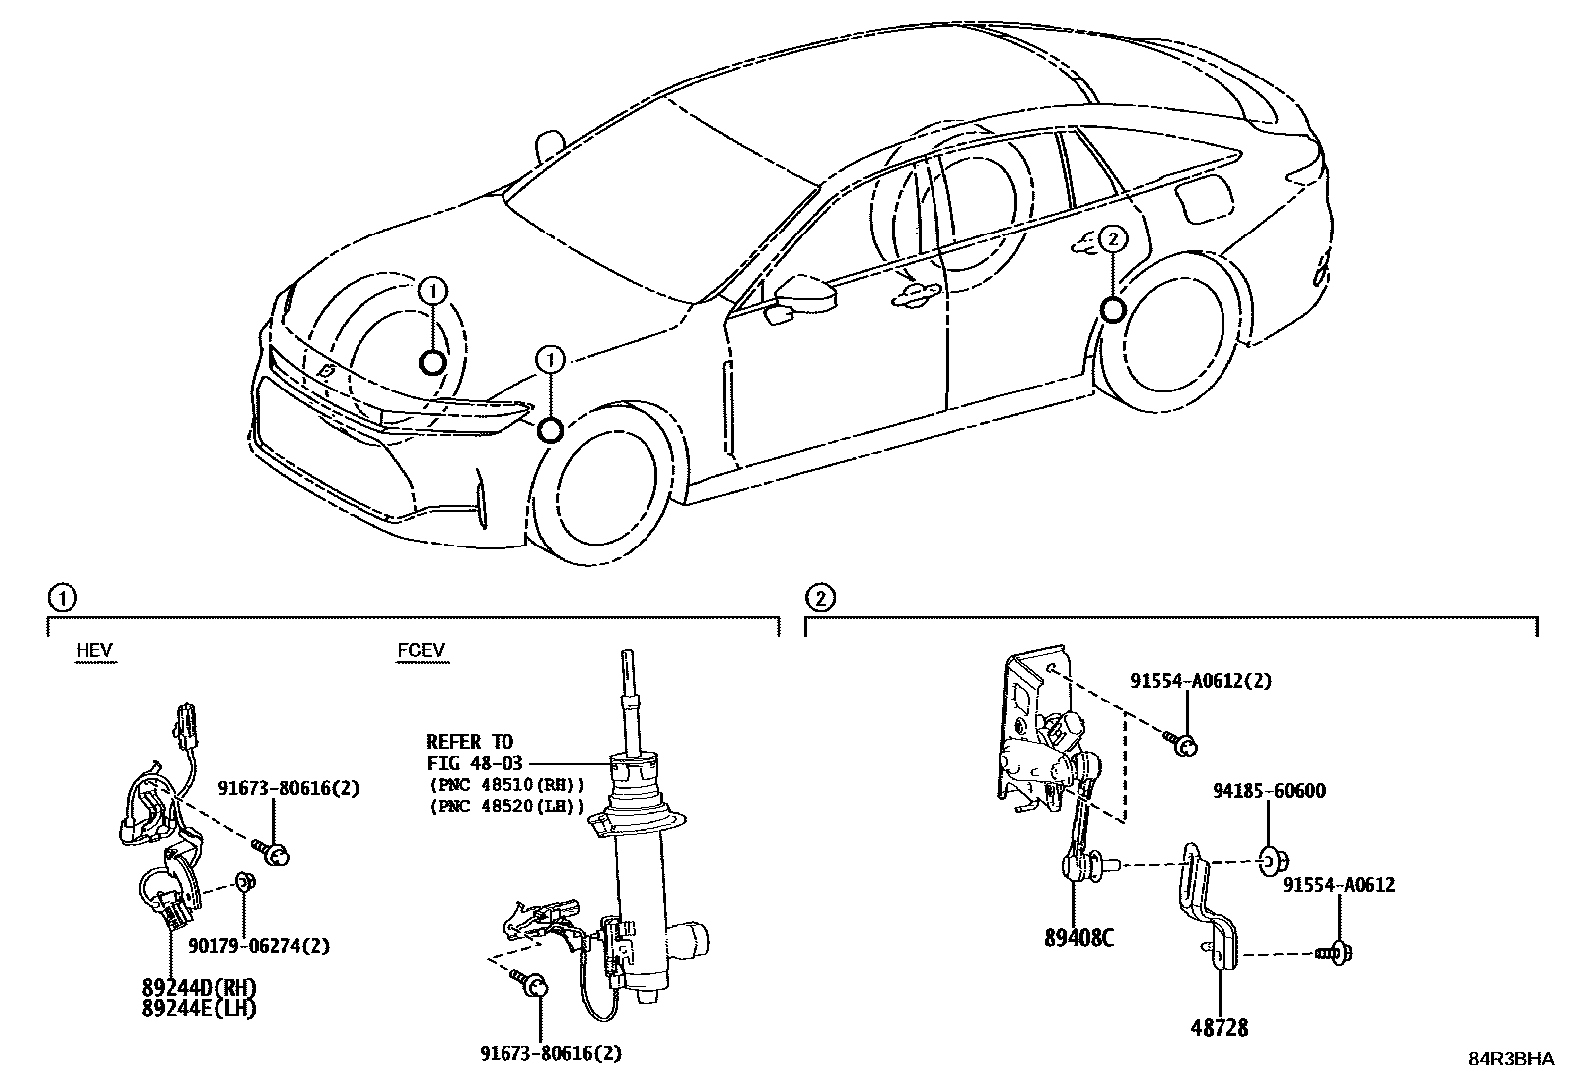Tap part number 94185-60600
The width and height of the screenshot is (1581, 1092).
[1268, 792]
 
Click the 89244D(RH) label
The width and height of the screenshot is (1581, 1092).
[198, 988]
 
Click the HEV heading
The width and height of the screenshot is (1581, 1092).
[95, 652]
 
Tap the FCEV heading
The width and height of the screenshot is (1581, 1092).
[421, 652]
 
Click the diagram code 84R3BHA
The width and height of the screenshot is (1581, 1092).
[1510, 1059]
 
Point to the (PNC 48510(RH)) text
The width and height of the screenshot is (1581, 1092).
[506, 785]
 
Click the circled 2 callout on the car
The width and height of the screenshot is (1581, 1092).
[1113, 238]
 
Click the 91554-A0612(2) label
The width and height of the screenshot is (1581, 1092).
[1200, 681]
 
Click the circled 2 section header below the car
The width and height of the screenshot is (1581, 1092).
[819, 598]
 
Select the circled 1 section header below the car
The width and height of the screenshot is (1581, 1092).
[61, 598]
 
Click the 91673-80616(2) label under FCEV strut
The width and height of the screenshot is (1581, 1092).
[552, 1053]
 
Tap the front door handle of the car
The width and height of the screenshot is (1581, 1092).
[915, 293]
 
